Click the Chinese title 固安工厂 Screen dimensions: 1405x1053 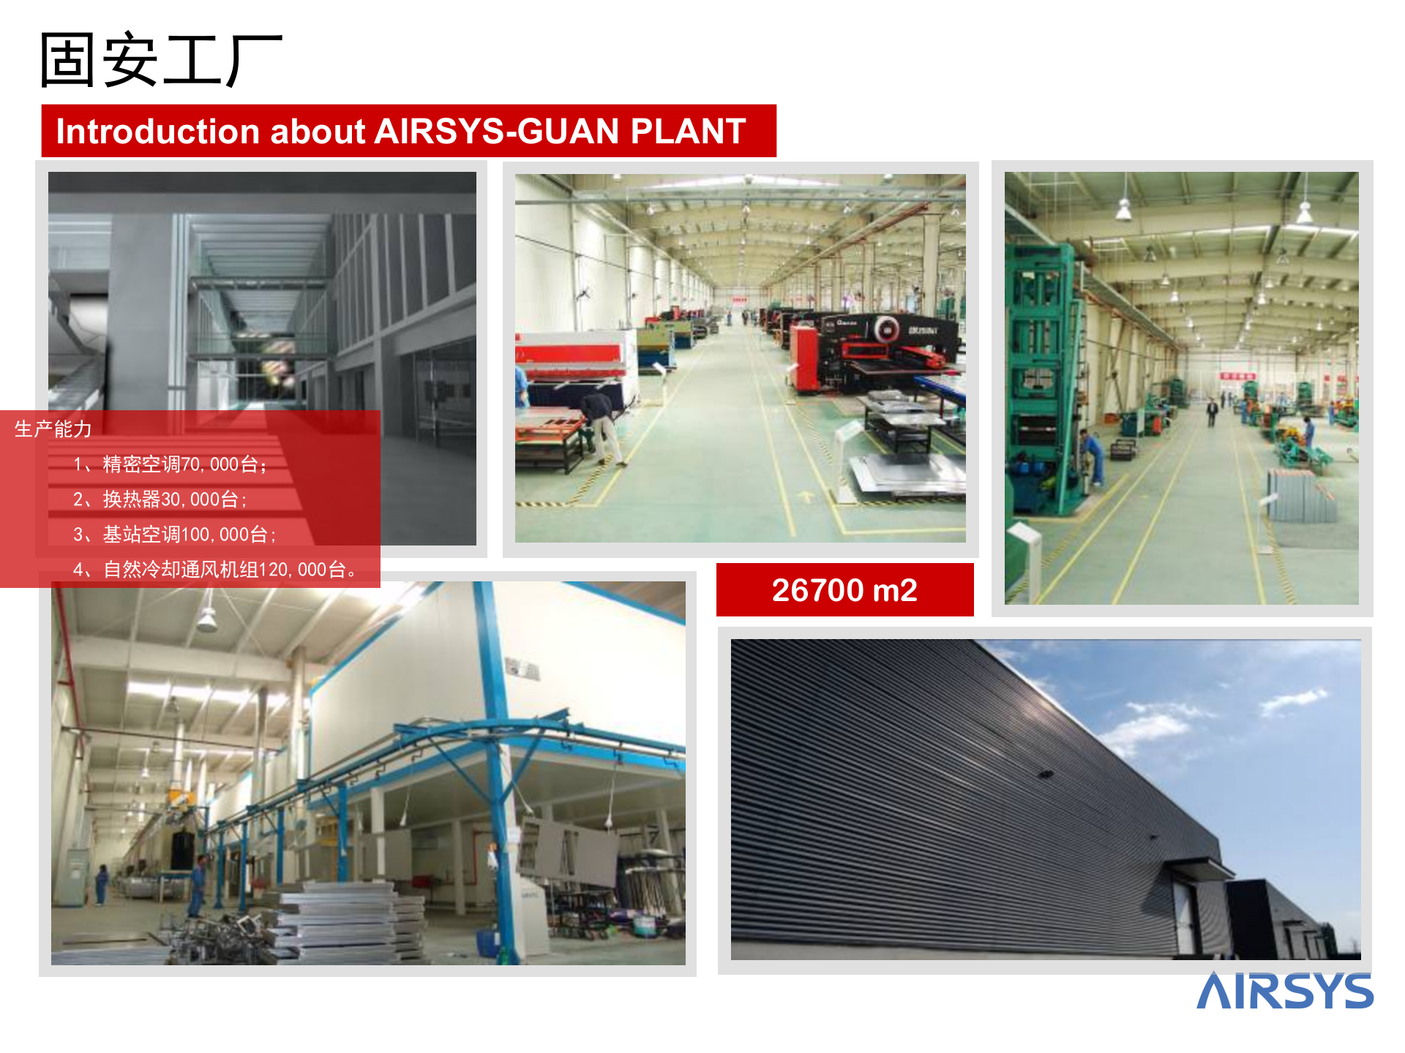(160, 60)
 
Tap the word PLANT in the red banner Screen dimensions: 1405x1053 (688, 132)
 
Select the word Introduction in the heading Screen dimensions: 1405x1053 (158, 132)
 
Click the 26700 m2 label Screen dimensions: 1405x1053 (844, 590)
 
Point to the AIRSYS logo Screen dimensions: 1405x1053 (1285, 991)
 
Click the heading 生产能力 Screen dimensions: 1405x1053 (53, 429)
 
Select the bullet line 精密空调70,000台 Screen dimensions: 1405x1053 (170, 464)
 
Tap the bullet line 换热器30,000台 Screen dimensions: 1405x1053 (160, 499)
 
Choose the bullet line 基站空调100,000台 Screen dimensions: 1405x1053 (175, 535)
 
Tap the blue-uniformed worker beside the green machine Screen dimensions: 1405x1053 (1091, 457)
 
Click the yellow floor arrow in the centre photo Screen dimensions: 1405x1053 (806, 497)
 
